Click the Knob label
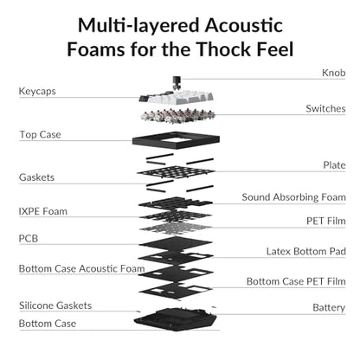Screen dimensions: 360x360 (x=333, y=73)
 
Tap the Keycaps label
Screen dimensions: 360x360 (x=37, y=92)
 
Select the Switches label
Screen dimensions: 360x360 (x=325, y=108)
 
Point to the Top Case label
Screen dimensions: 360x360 (x=40, y=135)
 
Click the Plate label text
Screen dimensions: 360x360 (x=334, y=165)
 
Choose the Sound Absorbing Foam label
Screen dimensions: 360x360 (x=293, y=197)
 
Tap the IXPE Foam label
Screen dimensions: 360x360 (x=43, y=211)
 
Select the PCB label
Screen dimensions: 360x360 (x=29, y=239)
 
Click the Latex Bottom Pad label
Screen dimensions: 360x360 (x=305, y=251)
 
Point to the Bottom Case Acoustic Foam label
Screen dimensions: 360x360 (x=81, y=268)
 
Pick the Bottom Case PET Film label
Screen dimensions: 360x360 (x=296, y=281)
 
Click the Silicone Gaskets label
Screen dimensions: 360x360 (x=55, y=305)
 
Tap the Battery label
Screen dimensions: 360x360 (x=329, y=308)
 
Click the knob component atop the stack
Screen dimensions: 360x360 (x=176, y=83)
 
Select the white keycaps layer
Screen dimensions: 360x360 (x=177, y=97)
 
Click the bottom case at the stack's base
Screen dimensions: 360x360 (x=175, y=319)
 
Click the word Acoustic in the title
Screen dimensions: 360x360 (x=244, y=25)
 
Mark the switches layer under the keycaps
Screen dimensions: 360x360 (x=178, y=116)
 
